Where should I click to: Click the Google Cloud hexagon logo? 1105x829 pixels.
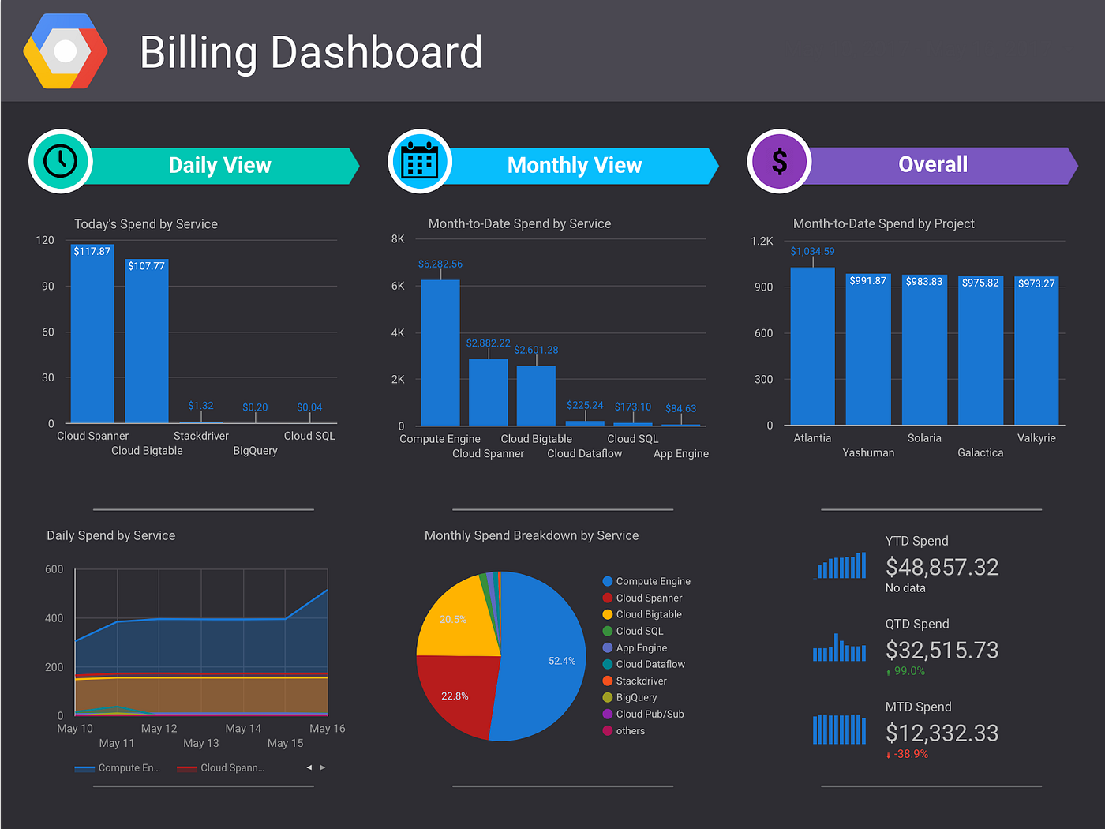(66, 51)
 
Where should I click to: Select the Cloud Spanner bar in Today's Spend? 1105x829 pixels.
(92, 336)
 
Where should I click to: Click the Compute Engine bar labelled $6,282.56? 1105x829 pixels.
(440, 354)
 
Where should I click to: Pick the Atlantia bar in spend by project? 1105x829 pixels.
(812, 347)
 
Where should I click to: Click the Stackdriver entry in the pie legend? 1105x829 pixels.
(641, 681)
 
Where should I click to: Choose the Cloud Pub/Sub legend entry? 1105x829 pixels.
(650, 714)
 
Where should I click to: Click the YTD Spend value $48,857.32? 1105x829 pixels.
(942, 567)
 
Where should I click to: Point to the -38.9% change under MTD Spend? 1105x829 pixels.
(910, 754)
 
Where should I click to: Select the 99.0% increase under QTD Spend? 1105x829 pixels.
(908, 671)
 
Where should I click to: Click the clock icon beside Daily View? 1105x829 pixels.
(61, 161)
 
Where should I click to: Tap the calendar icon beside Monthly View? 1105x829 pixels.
(420, 161)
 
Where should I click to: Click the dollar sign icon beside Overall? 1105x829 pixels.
(779, 161)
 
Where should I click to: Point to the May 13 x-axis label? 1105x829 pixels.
(201, 743)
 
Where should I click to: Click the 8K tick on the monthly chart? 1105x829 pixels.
(398, 239)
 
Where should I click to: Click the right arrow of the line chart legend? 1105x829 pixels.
(323, 767)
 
